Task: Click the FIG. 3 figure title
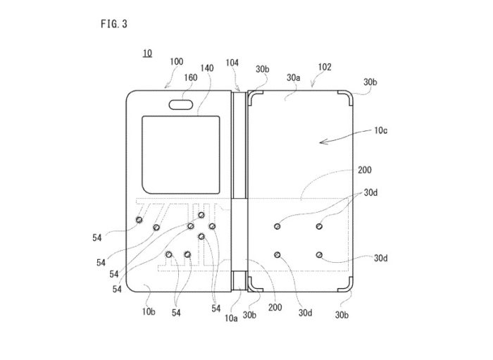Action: point(114,24)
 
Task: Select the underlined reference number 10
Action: point(147,53)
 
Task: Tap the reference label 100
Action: point(176,61)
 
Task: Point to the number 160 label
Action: point(191,77)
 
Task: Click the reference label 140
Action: point(207,68)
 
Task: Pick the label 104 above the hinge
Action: point(232,63)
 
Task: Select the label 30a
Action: point(294,77)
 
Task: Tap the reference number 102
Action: point(325,67)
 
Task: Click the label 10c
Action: point(380,130)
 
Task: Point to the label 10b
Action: point(149,311)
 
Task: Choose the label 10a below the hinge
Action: point(231,318)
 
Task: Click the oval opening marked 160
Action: point(181,105)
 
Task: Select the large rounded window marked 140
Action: point(181,155)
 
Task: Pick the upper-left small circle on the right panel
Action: point(277,226)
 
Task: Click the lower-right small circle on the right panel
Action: point(319,254)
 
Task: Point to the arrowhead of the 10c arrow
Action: point(320,142)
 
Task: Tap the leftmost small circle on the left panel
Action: point(139,220)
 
